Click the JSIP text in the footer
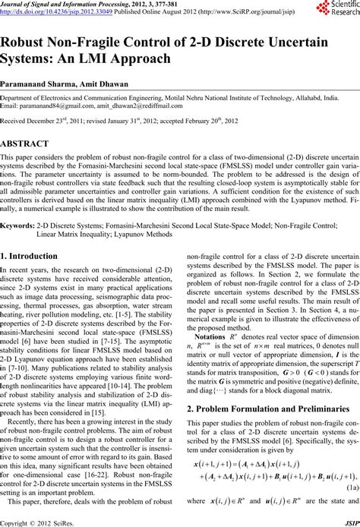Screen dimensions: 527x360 coord(347,522)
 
